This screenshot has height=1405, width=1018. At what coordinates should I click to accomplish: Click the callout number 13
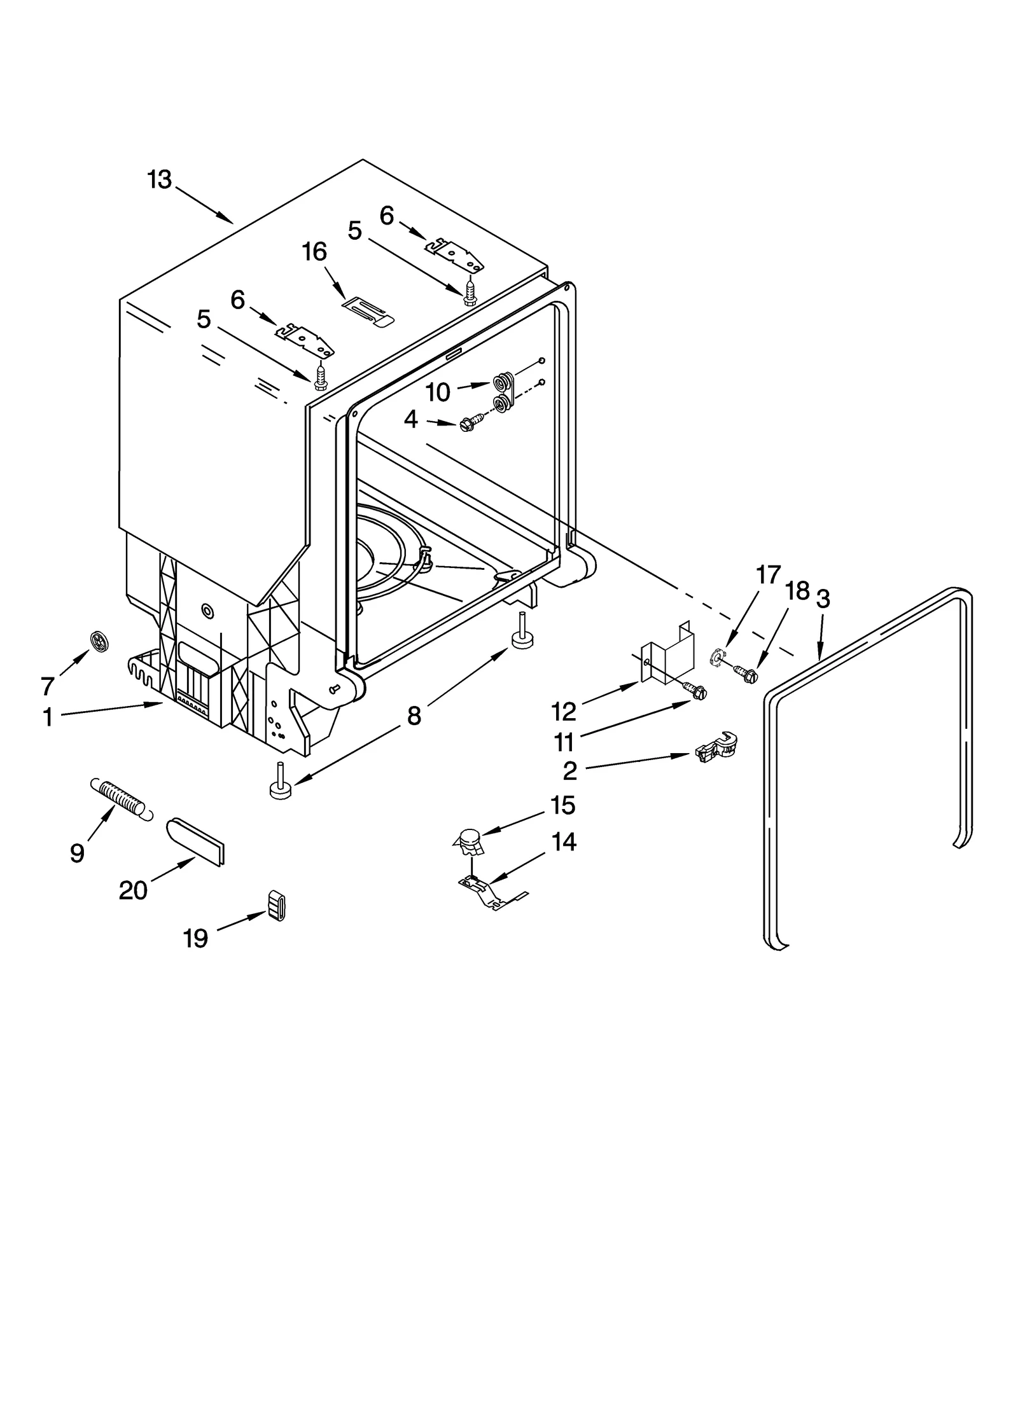click(x=160, y=180)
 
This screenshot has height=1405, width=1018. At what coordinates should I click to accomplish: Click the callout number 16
click(x=315, y=253)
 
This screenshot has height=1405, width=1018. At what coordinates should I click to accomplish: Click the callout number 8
click(x=414, y=716)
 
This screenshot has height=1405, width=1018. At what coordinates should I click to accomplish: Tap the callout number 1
click(x=48, y=718)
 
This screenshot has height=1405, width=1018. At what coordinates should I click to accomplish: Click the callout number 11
click(x=564, y=742)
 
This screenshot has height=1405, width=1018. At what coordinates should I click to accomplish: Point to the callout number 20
click(x=133, y=890)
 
